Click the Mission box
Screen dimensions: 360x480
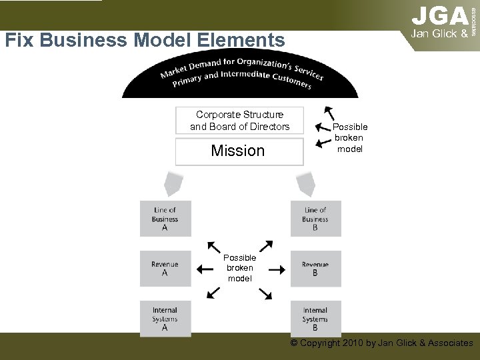coord(238,151)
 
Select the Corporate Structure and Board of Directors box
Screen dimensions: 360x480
coord(239,121)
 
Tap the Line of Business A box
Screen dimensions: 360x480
coord(165,219)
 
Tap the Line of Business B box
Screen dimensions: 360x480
coord(315,219)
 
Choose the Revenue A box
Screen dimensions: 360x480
coord(165,269)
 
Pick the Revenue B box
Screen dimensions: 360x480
coord(315,269)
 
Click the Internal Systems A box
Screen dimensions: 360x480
coord(165,319)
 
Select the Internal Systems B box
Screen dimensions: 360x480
coord(315,319)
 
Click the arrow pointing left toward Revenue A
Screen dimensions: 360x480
coord(205,269)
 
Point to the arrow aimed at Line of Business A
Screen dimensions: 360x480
coord(215,246)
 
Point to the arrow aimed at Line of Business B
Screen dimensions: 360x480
coord(265,246)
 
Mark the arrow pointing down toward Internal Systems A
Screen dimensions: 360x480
coord(213,292)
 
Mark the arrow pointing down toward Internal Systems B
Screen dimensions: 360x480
coord(265,292)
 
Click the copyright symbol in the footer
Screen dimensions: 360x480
coord(294,343)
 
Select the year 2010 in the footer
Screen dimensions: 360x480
coord(351,343)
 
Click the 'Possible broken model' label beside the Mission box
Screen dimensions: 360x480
coord(350,138)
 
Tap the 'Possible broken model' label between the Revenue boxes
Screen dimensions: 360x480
coord(239,268)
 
